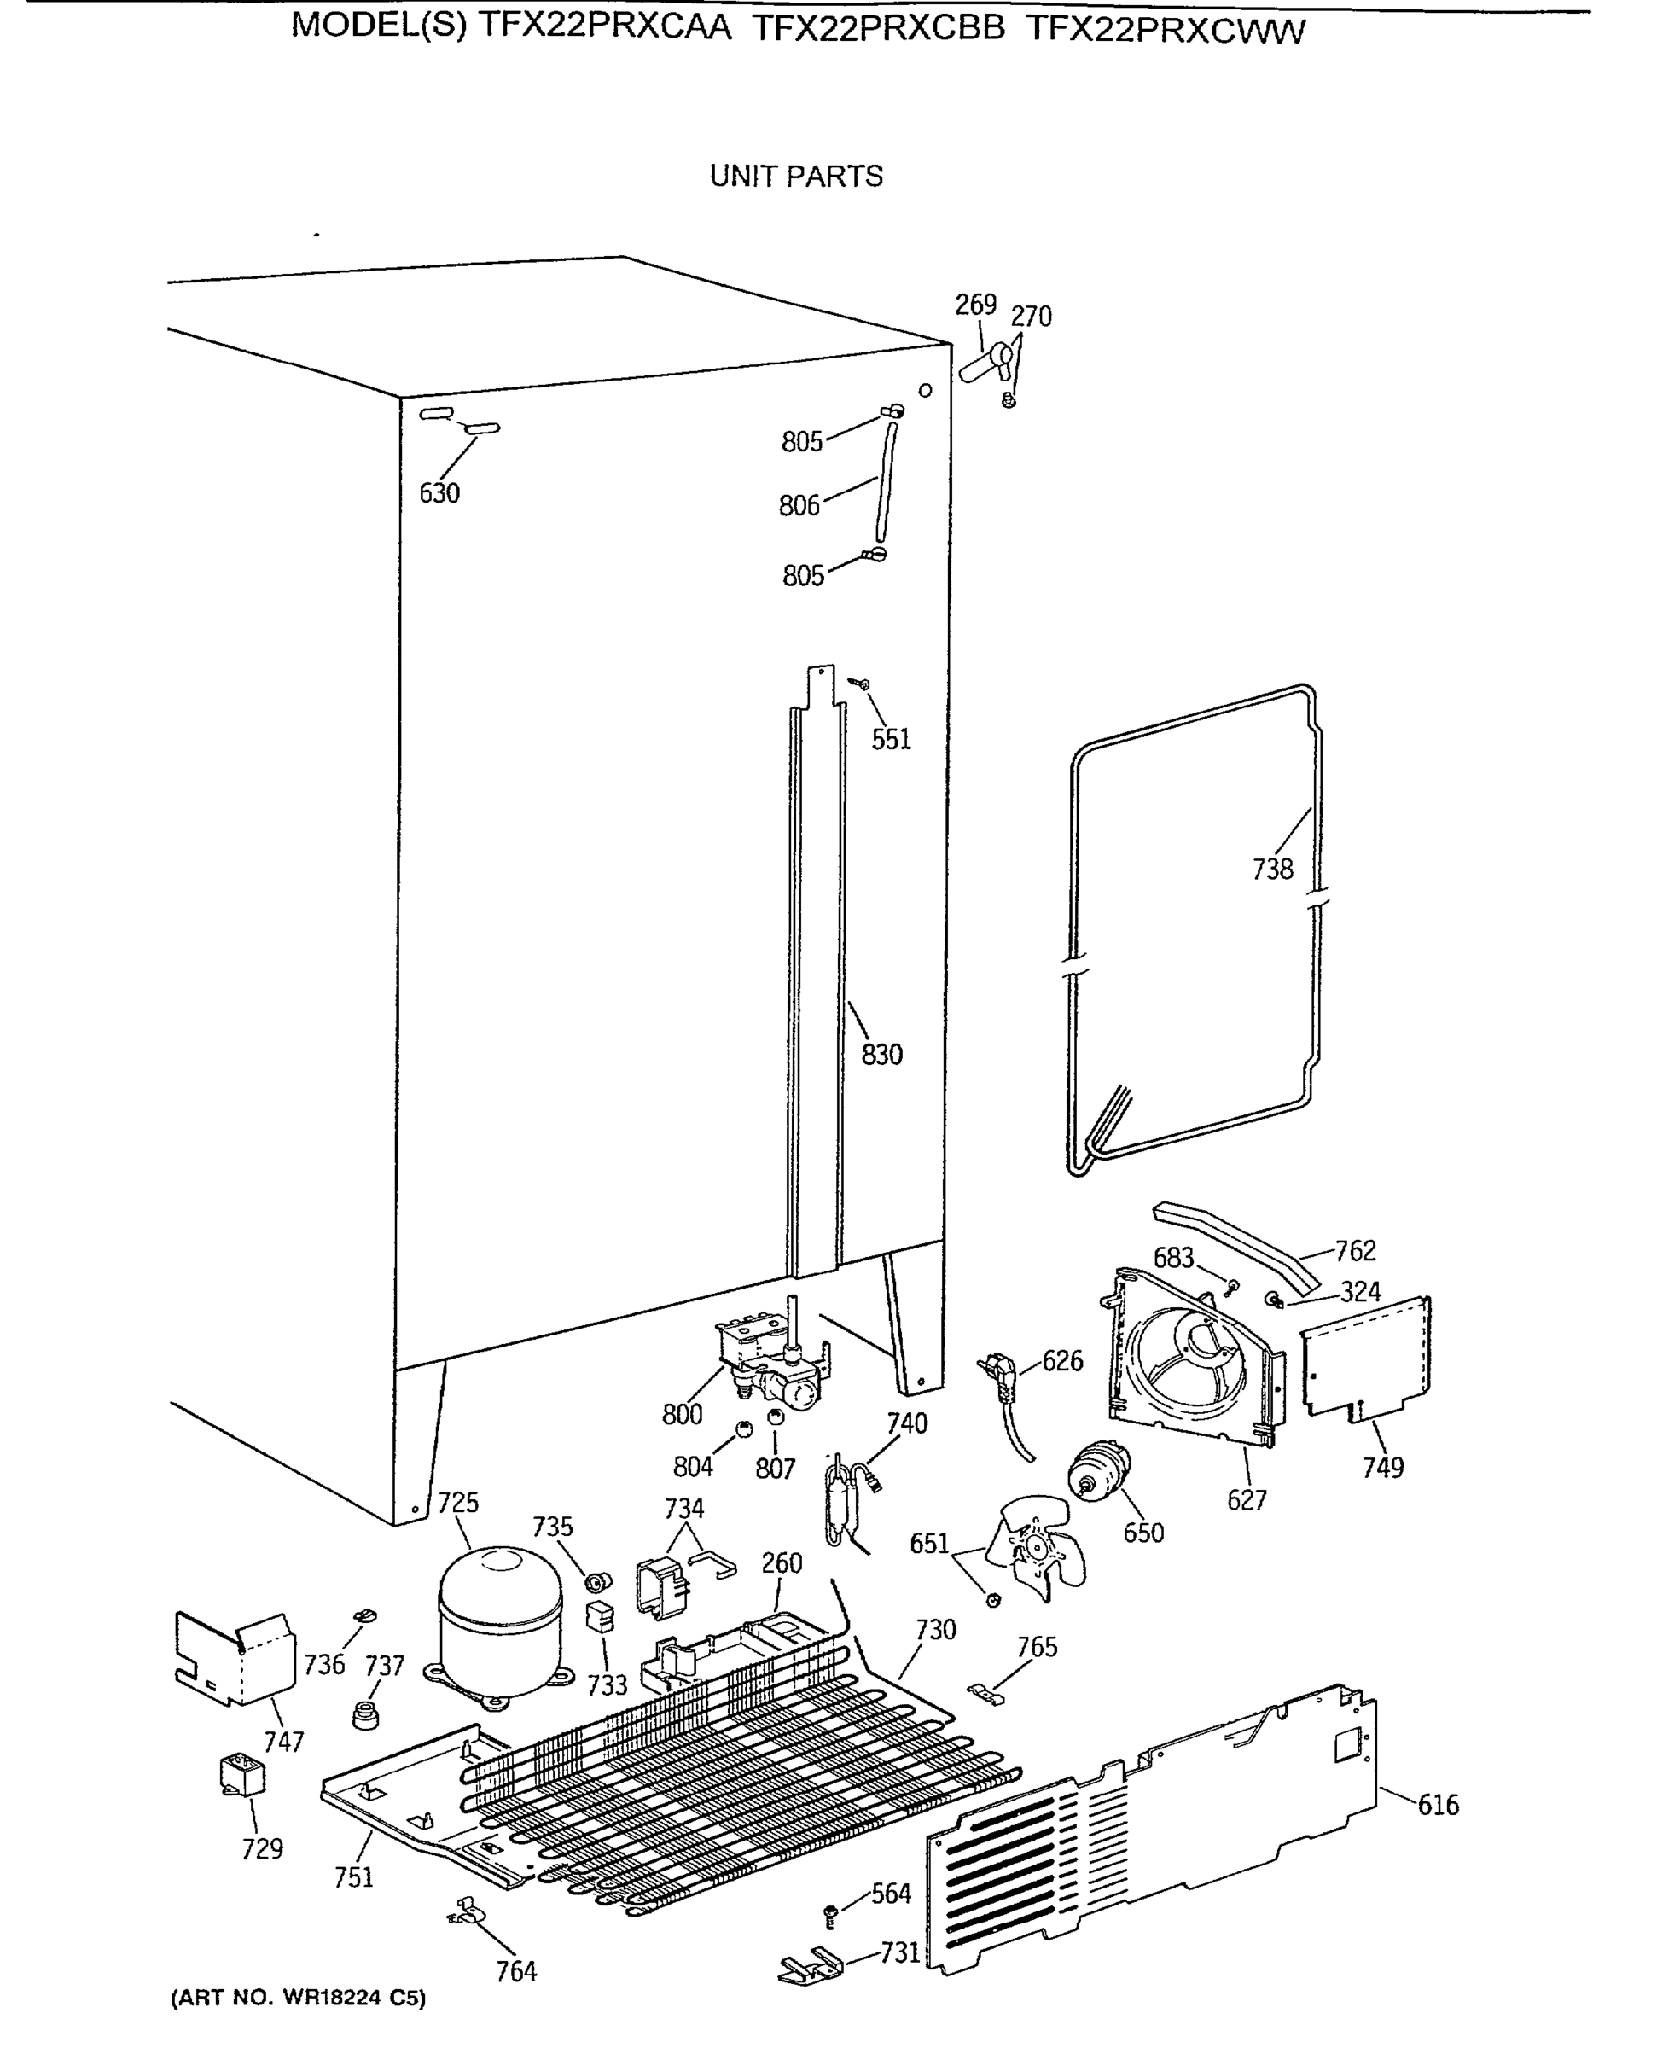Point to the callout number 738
pyautogui.click(x=1272, y=869)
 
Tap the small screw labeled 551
pyautogui.click(x=860, y=684)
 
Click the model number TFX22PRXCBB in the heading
pyautogui.click(x=878, y=30)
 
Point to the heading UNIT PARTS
pyautogui.click(x=796, y=177)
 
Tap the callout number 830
pyautogui.click(x=881, y=1055)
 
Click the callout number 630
pyautogui.click(x=439, y=493)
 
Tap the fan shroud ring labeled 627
pyautogui.click(x=1186, y=1356)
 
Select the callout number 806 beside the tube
pyautogui.click(x=799, y=505)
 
